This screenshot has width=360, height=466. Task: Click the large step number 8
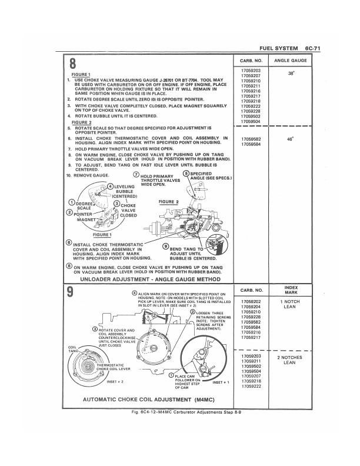pos(74,64)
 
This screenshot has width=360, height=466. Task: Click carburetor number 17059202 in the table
pos(251,302)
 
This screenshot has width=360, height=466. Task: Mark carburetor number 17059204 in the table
pos(251,307)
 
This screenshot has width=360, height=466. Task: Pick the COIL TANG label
pos(74,349)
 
